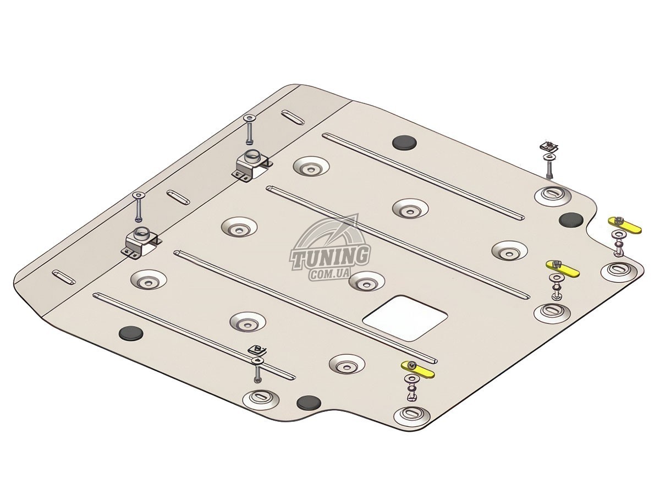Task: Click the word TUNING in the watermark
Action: [x=329, y=257]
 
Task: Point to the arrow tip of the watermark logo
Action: [x=358, y=214]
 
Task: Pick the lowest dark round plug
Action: [x=309, y=403]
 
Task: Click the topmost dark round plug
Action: [x=405, y=141]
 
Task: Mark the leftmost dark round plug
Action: [x=131, y=333]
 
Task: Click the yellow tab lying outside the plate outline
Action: [x=625, y=225]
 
